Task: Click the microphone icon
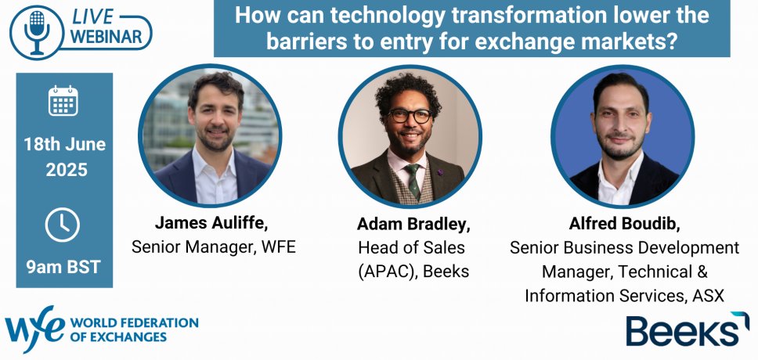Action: click(36, 32)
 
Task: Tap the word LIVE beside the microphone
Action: click(92, 17)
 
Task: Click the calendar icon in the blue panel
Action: click(63, 100)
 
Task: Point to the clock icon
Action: click(63, 225)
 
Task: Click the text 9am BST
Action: click(63, 267)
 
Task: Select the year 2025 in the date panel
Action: click(67, 170)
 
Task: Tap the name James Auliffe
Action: click(211, 223)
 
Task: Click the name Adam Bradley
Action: click(413, 225)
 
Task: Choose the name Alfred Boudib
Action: click(623, 224)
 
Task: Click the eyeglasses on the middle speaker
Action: click(410, 116)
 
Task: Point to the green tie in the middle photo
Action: click(413, 182)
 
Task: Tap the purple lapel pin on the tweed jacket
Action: click(439, 171)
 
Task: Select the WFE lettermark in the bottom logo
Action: click(34, 329)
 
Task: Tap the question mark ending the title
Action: click(670, 42)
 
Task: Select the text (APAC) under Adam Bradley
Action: click(388, 272)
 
